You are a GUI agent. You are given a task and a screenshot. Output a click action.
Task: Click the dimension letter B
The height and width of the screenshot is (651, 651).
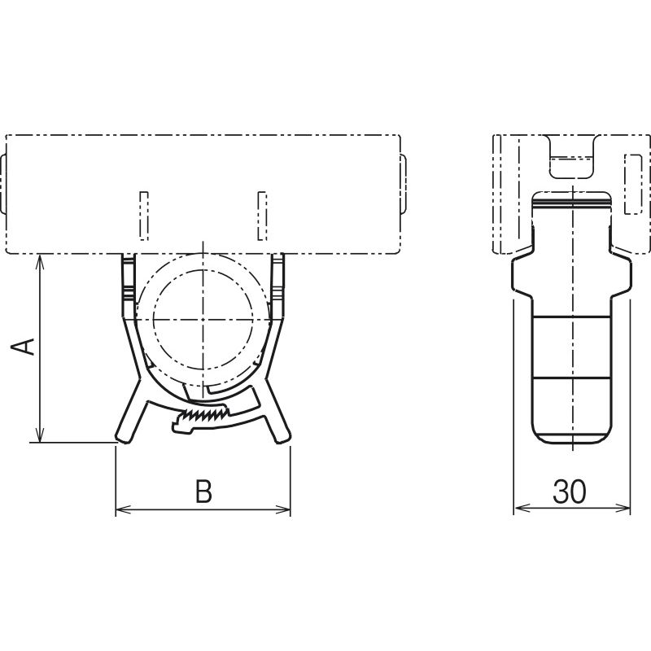(203, 491)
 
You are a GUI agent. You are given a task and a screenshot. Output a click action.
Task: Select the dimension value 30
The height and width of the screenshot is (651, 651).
(570, 492)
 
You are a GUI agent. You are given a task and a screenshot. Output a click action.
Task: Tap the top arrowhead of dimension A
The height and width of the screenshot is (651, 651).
(39, 262)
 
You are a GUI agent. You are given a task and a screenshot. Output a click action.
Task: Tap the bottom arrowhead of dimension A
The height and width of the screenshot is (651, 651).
(39, 435)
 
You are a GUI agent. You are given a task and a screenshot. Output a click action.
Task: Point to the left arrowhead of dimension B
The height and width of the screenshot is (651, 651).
(124, 509)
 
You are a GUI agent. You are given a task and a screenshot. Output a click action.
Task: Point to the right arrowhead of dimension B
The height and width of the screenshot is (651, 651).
(282, 509)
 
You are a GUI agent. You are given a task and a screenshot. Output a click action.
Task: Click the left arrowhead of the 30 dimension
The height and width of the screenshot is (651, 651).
(522, 507)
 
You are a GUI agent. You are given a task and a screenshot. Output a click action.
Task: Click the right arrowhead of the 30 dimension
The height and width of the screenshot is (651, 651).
(622, 507)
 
